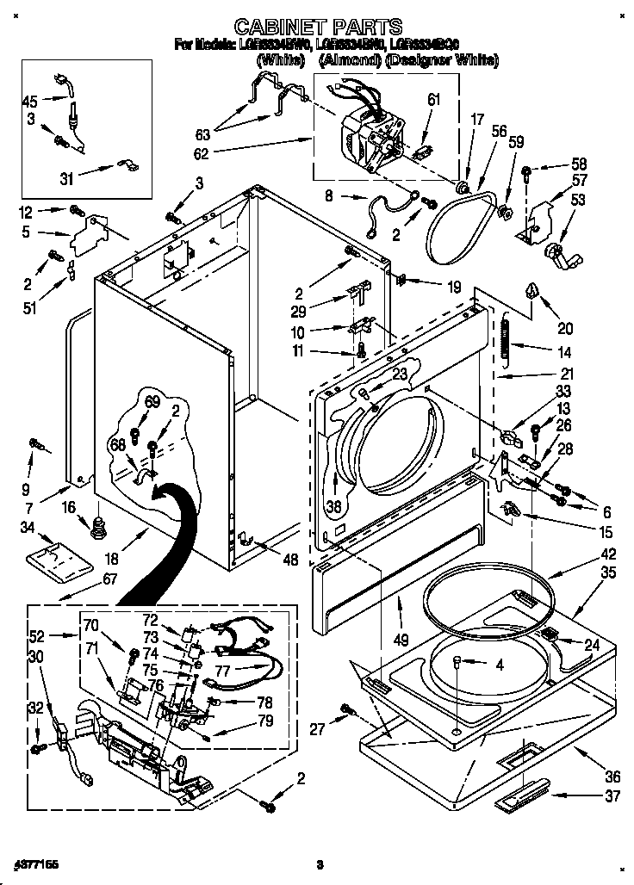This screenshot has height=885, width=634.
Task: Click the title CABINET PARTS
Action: pos(319,27)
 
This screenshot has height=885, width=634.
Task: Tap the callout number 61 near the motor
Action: pos(433,100)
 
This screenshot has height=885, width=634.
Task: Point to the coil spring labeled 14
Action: pos(507,335)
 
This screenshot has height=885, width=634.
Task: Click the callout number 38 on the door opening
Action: pos(332,506)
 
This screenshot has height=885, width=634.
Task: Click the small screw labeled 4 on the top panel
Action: pos(457,662)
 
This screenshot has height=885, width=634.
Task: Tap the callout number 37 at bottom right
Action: pos(612,796)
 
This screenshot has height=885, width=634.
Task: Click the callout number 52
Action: pos(35,636)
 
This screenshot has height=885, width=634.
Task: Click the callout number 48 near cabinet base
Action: pos(290,560)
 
